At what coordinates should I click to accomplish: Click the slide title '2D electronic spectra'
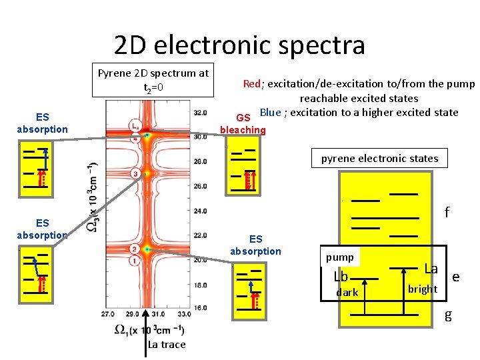[239, 45]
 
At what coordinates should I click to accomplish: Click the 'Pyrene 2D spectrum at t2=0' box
[153, 80]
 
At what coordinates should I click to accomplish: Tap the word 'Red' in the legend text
[251, 83]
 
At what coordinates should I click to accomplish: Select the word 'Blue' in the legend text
[270, 111]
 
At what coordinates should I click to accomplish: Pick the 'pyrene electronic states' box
[380, 158]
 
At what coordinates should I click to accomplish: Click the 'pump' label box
[340, 257]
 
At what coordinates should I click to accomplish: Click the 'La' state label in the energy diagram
[431, 269]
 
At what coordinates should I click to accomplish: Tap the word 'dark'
[347, 293]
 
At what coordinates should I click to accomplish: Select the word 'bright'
[423, 289]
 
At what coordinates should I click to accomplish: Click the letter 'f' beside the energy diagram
[447, 213]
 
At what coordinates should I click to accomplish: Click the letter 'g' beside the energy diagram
[448, 315]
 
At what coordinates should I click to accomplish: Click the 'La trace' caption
[167, 344]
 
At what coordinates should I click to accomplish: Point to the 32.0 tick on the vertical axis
[199, 113]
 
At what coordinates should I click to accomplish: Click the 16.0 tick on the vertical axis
[199, 307]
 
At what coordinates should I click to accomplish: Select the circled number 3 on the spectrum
[135, 174]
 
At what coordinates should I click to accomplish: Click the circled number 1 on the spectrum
[135, 261]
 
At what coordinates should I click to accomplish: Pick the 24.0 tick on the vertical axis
[199, 211]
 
